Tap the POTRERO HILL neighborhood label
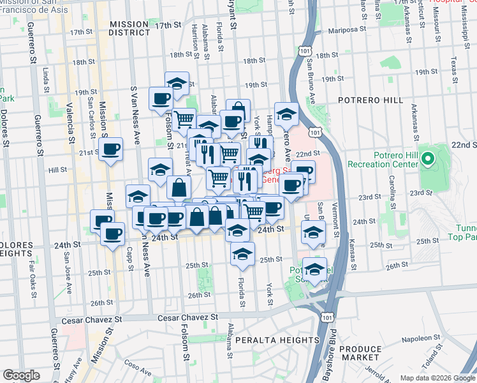370,100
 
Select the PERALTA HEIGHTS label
277,340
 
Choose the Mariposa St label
348,30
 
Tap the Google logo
21,375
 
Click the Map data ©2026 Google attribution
437,378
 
